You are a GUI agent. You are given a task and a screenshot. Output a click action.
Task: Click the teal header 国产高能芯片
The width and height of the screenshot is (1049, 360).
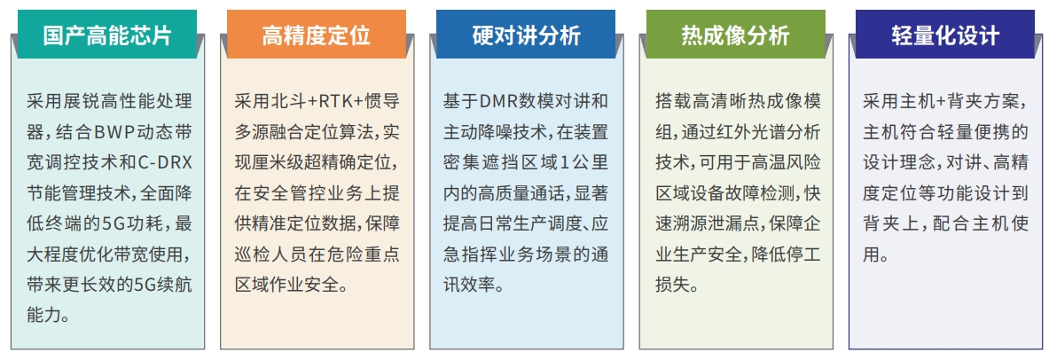107,35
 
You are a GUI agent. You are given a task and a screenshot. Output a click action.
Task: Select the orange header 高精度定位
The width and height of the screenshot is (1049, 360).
317,35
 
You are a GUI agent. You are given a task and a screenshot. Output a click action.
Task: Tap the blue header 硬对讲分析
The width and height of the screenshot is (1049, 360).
526,35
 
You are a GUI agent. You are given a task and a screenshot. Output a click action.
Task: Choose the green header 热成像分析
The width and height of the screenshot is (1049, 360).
735,35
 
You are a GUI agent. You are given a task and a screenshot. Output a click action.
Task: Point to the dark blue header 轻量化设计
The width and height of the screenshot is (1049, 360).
945,35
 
